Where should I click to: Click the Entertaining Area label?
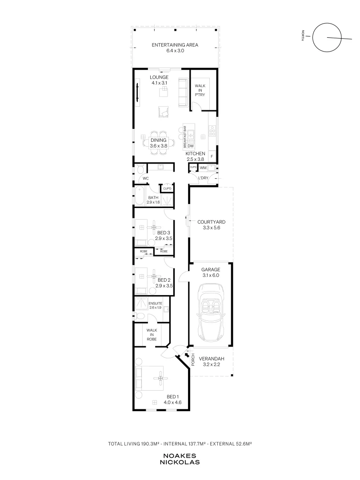click(175, 48)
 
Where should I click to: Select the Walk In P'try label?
click(200, 90)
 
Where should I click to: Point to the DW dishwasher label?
click(191, 146)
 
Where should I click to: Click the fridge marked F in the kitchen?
click(212, 156)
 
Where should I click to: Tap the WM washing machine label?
click(203, 168)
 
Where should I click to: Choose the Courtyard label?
click(211, 225)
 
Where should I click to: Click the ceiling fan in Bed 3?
click(154, 227)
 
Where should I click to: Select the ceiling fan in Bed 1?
click(161, 378)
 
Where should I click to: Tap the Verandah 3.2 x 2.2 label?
click(212, 361)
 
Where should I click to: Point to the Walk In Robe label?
click(152, 335)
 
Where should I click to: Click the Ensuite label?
click(156, 305)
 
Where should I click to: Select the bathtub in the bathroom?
click(139, 196)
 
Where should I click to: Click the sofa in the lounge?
click(183, 93)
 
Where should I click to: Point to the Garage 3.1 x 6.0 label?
click(211, 272)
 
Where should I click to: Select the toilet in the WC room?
click(140, 169)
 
